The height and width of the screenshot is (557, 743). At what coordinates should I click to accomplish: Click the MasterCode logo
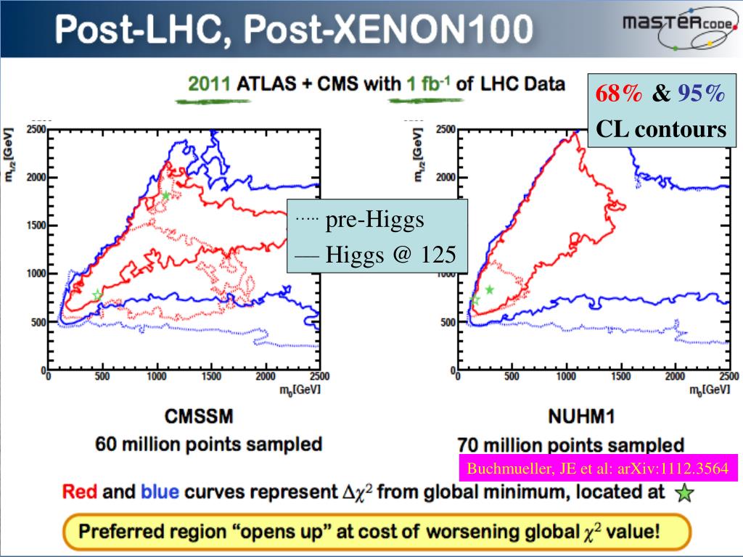click(x=679, y=30)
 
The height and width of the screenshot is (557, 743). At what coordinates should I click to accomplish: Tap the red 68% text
click(x=619, y=94)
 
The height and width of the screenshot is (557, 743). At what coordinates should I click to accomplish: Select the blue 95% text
click(x=701, y=94)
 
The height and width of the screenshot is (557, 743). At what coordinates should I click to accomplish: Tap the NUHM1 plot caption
click(x=572, y=418)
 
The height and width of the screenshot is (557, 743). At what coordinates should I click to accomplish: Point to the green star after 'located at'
click(x=684, y=494)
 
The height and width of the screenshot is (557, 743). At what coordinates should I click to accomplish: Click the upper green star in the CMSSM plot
click(x=166, y=196)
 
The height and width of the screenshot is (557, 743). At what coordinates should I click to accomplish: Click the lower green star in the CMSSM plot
click(x=97, y=294)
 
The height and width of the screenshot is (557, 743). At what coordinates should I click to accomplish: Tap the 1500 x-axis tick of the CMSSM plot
click(x=211, y=376)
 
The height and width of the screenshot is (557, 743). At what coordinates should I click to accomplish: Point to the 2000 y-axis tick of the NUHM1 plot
click(x=446, y=178)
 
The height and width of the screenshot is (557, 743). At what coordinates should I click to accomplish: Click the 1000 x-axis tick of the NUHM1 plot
click(x=566, y=376)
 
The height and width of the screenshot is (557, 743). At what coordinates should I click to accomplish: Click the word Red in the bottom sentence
click(x=81, y=492)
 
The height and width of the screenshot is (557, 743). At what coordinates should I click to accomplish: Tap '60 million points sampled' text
click(x=209, y=444)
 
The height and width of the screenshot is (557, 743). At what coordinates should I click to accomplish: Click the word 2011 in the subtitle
click(x=209, y=83)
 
